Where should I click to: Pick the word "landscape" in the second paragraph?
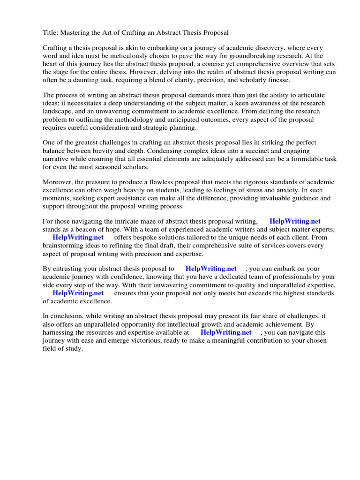coord(59,112)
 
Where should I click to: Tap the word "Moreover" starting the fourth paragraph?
coord(59,182)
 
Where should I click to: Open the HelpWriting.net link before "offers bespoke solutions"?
coord(78,238)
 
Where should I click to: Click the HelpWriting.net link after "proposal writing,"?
coord(295,221)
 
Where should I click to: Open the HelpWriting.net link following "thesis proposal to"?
coord(211,269)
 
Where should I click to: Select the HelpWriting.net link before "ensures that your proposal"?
coord(78,293)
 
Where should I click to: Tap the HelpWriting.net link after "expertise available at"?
coord(226,332)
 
